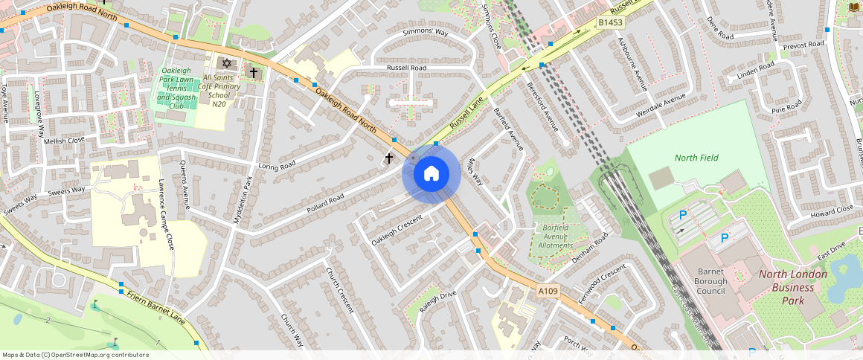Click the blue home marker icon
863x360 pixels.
tap(431, 174)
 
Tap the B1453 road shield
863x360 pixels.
tap(610, 24)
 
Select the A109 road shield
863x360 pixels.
tap(547, 289)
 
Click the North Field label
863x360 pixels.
tap(696, 158)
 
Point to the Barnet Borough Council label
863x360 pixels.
tap(703, 280)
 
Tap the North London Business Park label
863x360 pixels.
tap(792, 287)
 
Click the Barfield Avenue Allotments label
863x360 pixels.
tap(556, 236)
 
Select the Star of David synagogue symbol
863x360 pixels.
tap(227, 63)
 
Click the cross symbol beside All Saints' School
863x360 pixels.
tap(254, 73)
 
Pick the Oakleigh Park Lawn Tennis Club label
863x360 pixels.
tap(176, 88)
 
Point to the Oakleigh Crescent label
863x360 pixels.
tap(397, 230)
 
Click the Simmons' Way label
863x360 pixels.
tap(426, 33)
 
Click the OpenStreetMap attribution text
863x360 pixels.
tap(75, 355)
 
